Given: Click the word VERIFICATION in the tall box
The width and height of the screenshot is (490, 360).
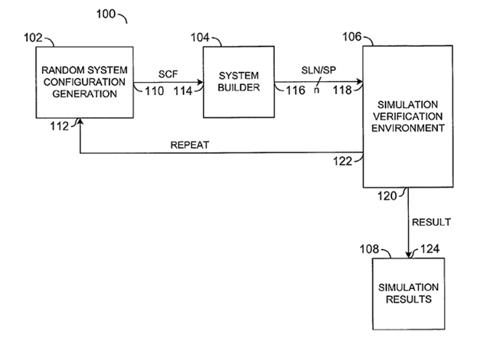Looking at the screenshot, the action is pyautogui.click(x=408, y=116).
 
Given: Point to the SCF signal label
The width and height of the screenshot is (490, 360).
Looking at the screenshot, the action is pyautogui.click(x=168, y=74).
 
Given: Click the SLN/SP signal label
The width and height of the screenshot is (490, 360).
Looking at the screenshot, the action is pyautogui.click(x=318, y=70).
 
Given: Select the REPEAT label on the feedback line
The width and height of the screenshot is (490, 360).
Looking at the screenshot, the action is pyautogui.click(x=190, y=145).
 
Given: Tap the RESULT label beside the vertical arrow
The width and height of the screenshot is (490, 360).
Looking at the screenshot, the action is pyautogui.click(x=431, y=222).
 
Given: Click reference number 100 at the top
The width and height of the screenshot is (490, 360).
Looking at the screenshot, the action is pyautogui.click(x=106, y=14).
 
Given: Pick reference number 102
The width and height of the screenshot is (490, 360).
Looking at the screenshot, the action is pyautogui.click(x=33, y=38).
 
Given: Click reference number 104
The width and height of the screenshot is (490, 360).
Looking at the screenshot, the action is pyautogui.click(x=200, y=38).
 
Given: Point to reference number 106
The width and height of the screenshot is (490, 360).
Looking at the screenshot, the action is pyautogui.click(x=352, y=37).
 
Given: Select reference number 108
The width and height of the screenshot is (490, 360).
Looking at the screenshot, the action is pyautogui.click(x=369, y=249).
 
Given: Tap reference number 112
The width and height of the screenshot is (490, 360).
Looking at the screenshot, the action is pyautogui.click(x=60, y=126).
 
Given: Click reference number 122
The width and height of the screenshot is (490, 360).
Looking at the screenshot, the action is pyautogui.click(x=342, y=162).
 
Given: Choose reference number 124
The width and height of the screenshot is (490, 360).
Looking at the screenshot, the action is pyautogui.click(x=430, y=249).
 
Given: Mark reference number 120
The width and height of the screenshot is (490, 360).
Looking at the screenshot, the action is pyautogui.click(x=387, y=196).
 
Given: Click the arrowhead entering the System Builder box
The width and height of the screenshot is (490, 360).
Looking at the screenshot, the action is pyautogui.click(x=200, y=83).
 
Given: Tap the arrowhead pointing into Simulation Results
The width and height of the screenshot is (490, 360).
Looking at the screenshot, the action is pyautogui.click(x=408, y=254).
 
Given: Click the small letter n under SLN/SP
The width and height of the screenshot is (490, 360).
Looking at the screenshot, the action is pyautogui.click(x=316, y=90).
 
